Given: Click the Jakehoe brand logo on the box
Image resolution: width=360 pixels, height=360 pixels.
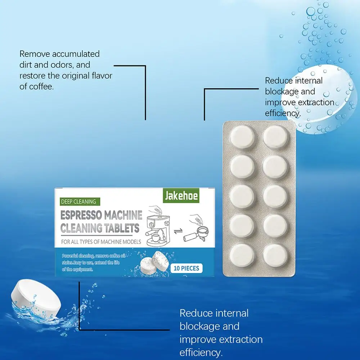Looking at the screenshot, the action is (x=181, y=195).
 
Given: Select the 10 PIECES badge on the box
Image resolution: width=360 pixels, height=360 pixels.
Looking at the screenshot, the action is (x=186, y=268).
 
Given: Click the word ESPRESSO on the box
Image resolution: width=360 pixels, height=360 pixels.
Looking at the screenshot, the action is (x=81, y=215).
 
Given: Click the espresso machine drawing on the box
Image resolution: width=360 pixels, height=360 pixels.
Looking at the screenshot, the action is (x=158, y=230).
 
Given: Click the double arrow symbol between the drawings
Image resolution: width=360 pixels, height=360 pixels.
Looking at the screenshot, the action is (x=178, y=231).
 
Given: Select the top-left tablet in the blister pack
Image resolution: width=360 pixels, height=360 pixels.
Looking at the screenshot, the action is (x=242, y=137).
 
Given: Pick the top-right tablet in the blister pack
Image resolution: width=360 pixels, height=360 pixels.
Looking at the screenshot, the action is (x=275, y=137).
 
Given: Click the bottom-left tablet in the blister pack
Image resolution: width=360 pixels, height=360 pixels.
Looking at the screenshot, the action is (x=242, y=256).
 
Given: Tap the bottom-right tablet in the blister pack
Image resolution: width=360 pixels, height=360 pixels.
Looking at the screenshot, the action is (x=275, y=256).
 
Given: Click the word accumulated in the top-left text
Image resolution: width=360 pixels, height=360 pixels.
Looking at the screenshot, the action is (x=76, y=54).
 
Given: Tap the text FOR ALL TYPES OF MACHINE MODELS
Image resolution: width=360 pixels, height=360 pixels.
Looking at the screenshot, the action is (x=101, y=242).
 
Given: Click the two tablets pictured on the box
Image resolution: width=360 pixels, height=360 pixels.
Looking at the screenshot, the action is (x=155, y=263).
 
